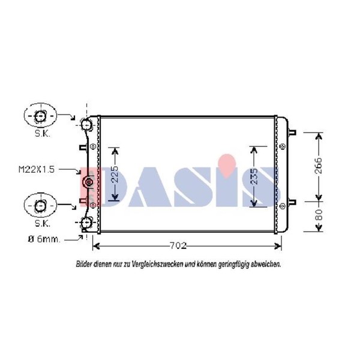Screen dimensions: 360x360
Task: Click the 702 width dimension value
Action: (178, 245)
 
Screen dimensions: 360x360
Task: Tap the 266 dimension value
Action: (319, 166)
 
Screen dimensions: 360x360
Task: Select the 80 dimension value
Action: (319, 215)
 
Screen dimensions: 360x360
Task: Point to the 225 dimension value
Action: (115, 174)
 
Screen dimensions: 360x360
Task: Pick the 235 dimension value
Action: (254, 176)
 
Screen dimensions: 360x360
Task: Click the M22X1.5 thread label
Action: (37, 169)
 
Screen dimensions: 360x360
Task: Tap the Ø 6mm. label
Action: (44, 239)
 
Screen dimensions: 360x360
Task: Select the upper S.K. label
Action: (43, 133)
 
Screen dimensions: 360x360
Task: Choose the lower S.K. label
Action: (43, 223)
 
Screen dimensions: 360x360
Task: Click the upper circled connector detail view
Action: (40, 116)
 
